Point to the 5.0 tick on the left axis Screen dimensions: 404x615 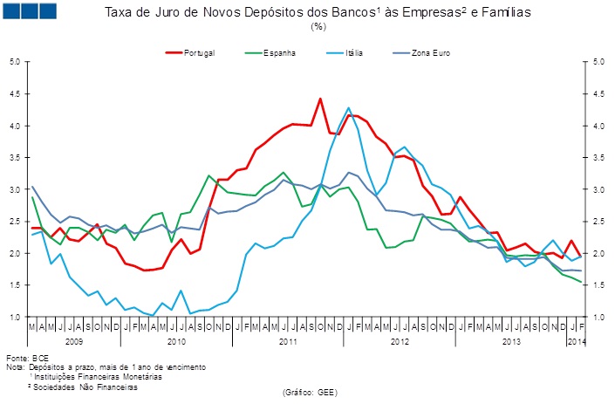16,62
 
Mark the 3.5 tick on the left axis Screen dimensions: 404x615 16,158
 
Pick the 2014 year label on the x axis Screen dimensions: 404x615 576,341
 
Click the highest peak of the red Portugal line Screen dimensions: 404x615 320,99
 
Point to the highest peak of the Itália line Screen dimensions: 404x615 349,108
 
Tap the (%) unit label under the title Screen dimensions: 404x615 318,27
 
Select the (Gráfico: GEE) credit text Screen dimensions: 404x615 309,394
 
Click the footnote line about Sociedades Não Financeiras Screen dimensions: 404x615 83,385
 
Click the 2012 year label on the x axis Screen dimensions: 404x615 398,341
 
